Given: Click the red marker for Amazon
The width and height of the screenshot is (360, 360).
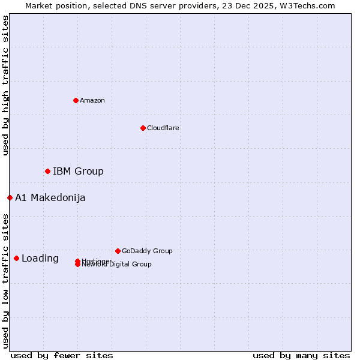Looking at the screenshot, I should (76, 100).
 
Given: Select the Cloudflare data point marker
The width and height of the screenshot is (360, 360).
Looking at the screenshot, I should (143, 128).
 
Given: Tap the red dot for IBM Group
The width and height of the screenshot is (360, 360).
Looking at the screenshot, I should (47, 172).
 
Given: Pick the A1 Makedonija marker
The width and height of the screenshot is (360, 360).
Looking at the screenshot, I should (10, 197).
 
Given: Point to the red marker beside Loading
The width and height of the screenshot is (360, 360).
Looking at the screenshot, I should (16, 259).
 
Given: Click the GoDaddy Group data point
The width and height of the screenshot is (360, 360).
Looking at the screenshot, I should (118, 251).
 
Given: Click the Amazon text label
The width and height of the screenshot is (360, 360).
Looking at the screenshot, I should (92, 100).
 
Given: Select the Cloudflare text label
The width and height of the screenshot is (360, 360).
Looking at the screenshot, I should (163, 128).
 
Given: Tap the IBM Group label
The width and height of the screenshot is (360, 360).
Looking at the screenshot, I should (78, 172).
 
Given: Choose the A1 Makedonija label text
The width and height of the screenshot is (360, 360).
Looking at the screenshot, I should (50, 198).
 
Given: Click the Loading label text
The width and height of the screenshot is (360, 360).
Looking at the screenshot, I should (40, 259).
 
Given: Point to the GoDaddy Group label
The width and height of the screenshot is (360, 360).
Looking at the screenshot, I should (146, 251).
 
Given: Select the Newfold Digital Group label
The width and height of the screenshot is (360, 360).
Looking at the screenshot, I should (118, 265).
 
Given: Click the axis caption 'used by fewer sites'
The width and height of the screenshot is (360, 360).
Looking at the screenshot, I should (62, 355).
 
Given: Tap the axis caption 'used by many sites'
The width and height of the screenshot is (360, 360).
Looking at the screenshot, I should (301, 355).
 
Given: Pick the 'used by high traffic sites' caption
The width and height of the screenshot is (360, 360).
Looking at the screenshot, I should (6, 85).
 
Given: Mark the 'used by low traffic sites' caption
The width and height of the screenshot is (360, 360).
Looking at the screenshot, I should (6, 281).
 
